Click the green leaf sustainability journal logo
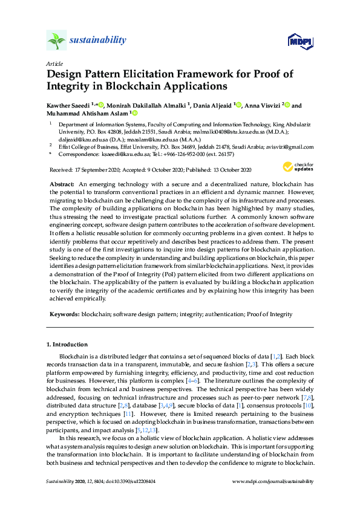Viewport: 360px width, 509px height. (x=56, y=41)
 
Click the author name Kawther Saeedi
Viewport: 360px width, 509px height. (x=67, y=105)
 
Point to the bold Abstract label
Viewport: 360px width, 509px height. (x=62, y=183)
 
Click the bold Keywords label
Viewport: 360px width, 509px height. (x=63, y=314)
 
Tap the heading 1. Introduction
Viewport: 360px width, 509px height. (x=67, y=345)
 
